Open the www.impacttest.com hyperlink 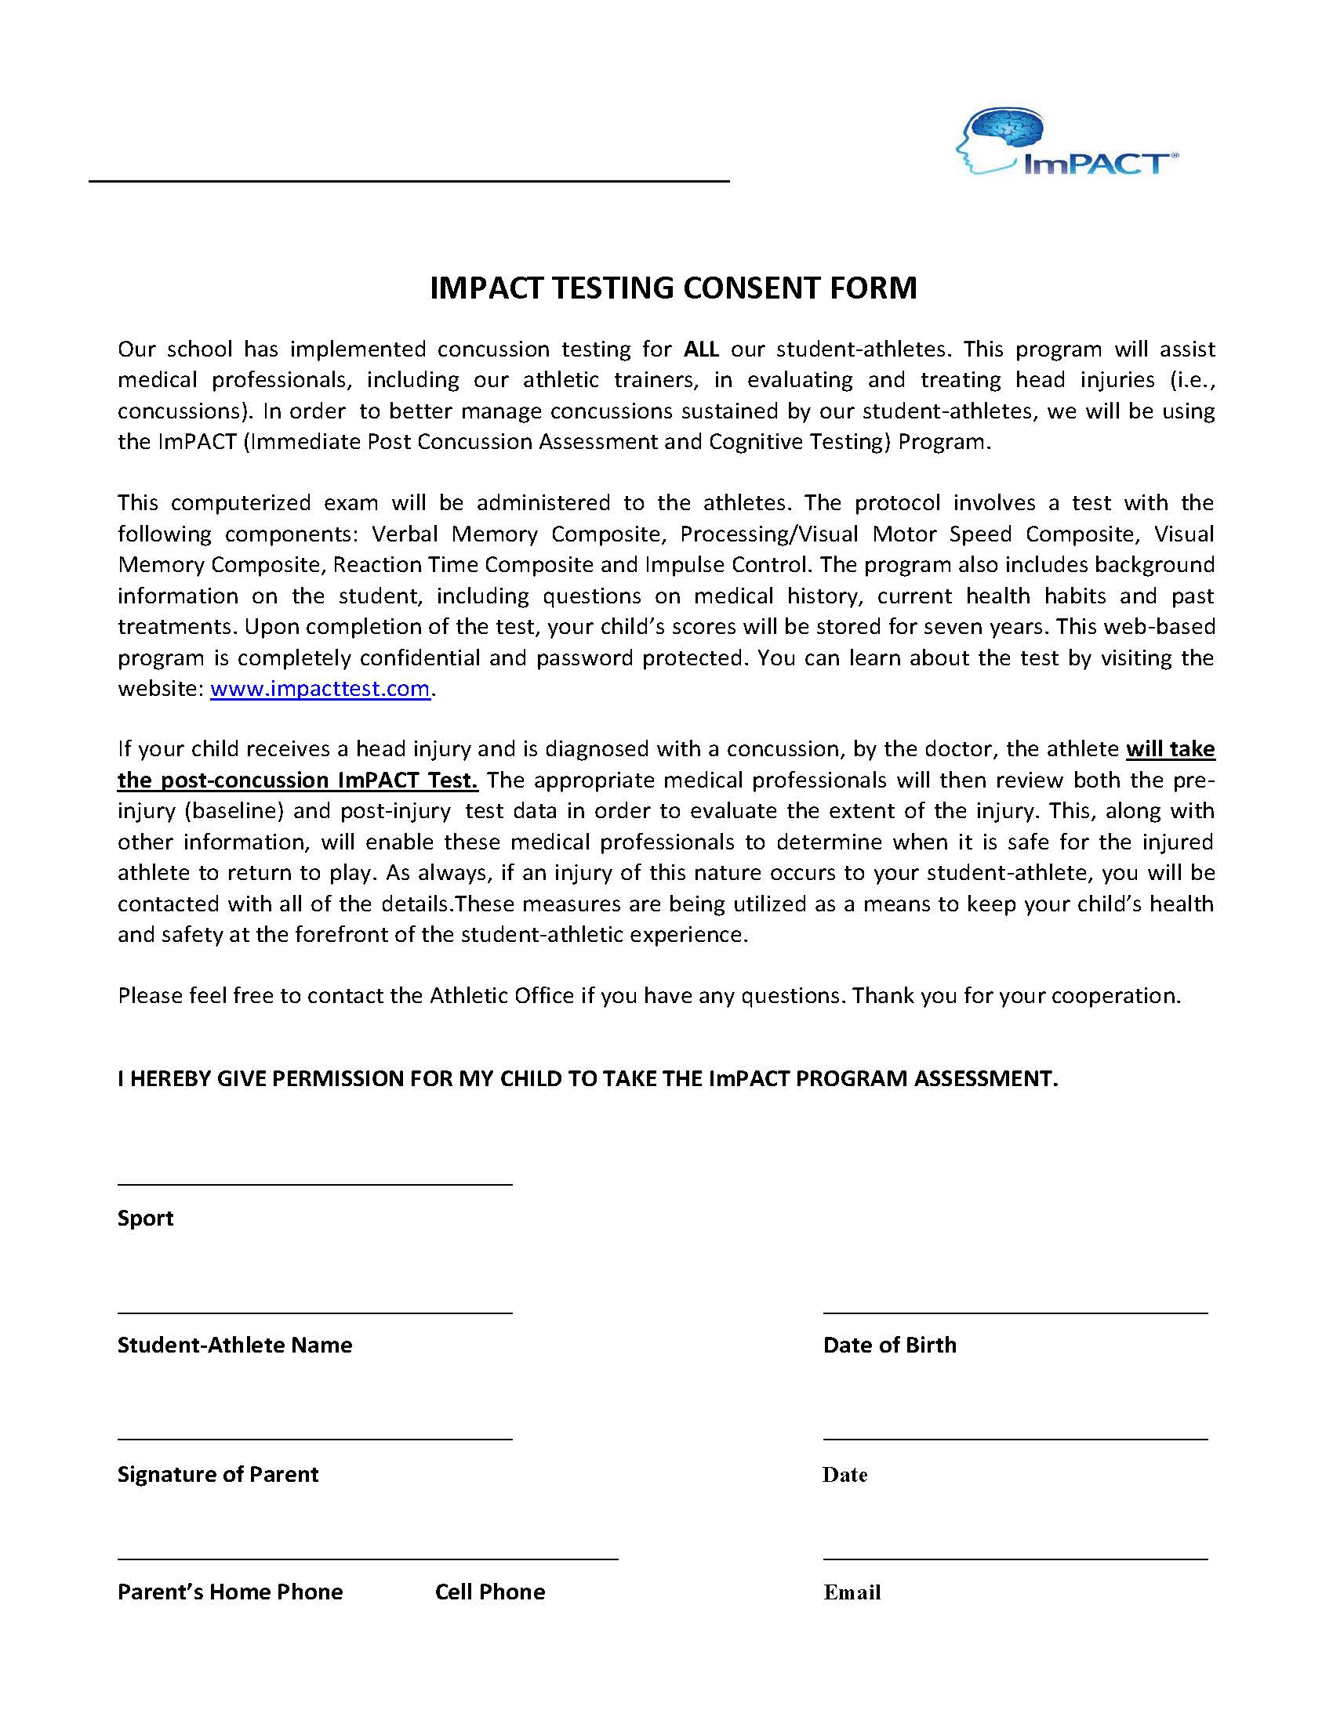click(x=320, y=688)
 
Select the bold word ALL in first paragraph click(x=700, y=349)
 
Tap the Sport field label click(x=145, y=1218)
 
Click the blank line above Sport click(x=314, y=1184)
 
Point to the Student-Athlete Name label click(x=234, y=1344)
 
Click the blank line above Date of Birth click(x=1015, y=1313)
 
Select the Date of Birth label click(x=889, y=1344)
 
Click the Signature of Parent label click(x=217, y=1474)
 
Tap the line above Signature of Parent click(x=314, y=1439)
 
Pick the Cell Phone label click(x=489, y=1592)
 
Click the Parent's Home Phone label click(x=230, y=1592)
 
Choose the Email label click(x=852, y=1592)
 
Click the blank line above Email click(x=1015, y=1559)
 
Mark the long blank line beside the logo click(x=409, y=182)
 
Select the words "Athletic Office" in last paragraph click(x=501, y=995)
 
